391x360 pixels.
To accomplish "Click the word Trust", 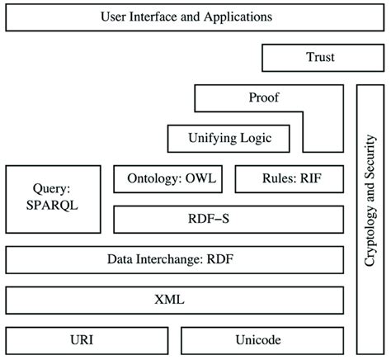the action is point(320,57).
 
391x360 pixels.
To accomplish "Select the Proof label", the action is point(264,97).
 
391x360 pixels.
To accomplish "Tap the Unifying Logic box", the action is point(228,139).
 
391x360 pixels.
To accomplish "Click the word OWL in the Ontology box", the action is point(200,178).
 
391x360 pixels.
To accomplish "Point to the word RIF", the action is point(311,178).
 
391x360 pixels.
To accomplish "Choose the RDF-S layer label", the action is point(209,219).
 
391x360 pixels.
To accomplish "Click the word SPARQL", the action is point(52,206).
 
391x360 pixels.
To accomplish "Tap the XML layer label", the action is point(169,300).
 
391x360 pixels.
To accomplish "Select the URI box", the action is point(87,341).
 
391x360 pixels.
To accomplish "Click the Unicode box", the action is point(262,341).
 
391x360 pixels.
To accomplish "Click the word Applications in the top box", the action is point(238,17).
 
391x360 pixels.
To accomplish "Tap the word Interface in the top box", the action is point(153,17).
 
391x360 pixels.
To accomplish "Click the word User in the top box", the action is point(114,17).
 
